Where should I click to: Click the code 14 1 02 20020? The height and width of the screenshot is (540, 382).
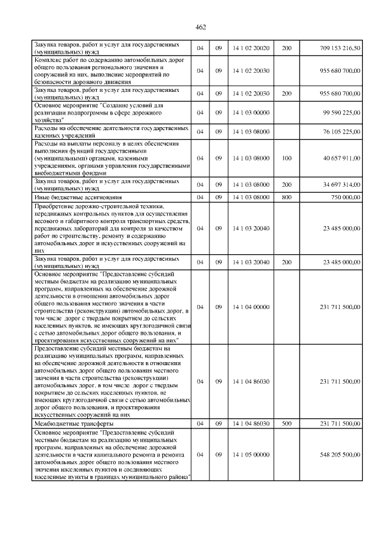(251, 48)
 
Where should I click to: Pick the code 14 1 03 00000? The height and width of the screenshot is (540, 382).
(251, 112)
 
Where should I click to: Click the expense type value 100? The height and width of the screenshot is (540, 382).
(286, 158)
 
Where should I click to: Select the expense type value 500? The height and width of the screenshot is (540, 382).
(286, 423)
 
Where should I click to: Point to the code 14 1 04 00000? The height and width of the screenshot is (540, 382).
(251, 307)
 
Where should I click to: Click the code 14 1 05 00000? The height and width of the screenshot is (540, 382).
(251, 454)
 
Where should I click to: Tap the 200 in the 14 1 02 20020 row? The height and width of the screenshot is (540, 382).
(286, 48)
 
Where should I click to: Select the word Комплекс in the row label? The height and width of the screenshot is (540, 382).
(48, 60)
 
